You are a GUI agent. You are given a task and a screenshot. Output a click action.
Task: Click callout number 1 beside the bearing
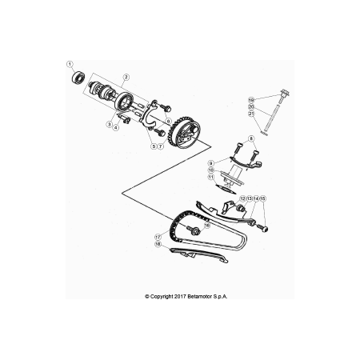point(70,64)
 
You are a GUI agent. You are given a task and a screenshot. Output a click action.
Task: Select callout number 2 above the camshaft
point(126,78)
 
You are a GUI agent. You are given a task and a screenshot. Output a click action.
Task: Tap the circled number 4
point(116,128)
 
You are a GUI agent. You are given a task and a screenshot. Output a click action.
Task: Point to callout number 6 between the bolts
point(168,121)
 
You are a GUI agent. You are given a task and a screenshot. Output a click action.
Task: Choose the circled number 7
point(160,146)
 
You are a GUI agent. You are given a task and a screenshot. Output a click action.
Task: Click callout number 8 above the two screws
point(250,138)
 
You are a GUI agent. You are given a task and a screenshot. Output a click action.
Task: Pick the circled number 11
point(211,177)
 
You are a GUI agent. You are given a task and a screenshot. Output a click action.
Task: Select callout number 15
point(262,198)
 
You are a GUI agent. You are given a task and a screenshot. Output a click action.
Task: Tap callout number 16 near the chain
point(207,226)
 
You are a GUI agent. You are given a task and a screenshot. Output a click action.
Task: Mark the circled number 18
point(158,244)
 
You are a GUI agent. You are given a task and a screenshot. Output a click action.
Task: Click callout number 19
point(250,100)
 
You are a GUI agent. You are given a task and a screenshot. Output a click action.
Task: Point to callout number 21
point(250,114)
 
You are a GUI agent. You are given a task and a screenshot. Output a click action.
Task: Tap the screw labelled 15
point(262,228)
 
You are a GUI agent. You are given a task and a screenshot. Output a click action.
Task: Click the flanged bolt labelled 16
point(194,230)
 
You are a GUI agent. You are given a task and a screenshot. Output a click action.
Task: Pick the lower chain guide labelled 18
point(198,255)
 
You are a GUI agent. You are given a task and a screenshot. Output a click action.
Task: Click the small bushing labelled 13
point(242,207)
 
